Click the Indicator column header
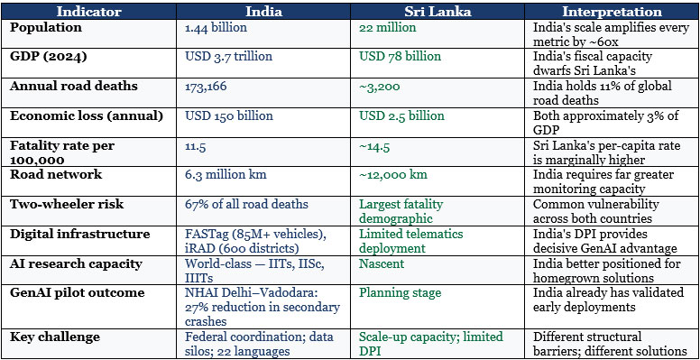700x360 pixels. click(88, 11)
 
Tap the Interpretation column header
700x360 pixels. click(612, 11)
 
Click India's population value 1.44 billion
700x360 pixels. click(216, 28)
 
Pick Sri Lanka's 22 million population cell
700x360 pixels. click(388, 28)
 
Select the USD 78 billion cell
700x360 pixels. click(400, 57)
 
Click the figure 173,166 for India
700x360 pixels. click(206, 87)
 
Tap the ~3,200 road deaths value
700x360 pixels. click(380, 87)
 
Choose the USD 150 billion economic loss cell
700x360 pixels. click(229, 115)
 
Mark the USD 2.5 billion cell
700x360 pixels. click(401, 115)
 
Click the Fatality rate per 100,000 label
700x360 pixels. click(61, 152)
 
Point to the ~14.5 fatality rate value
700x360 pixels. click(374, 146)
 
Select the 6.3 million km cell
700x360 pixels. click(226, 174)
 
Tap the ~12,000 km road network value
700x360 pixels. click(393, 174)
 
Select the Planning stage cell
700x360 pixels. click(400, 293)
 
